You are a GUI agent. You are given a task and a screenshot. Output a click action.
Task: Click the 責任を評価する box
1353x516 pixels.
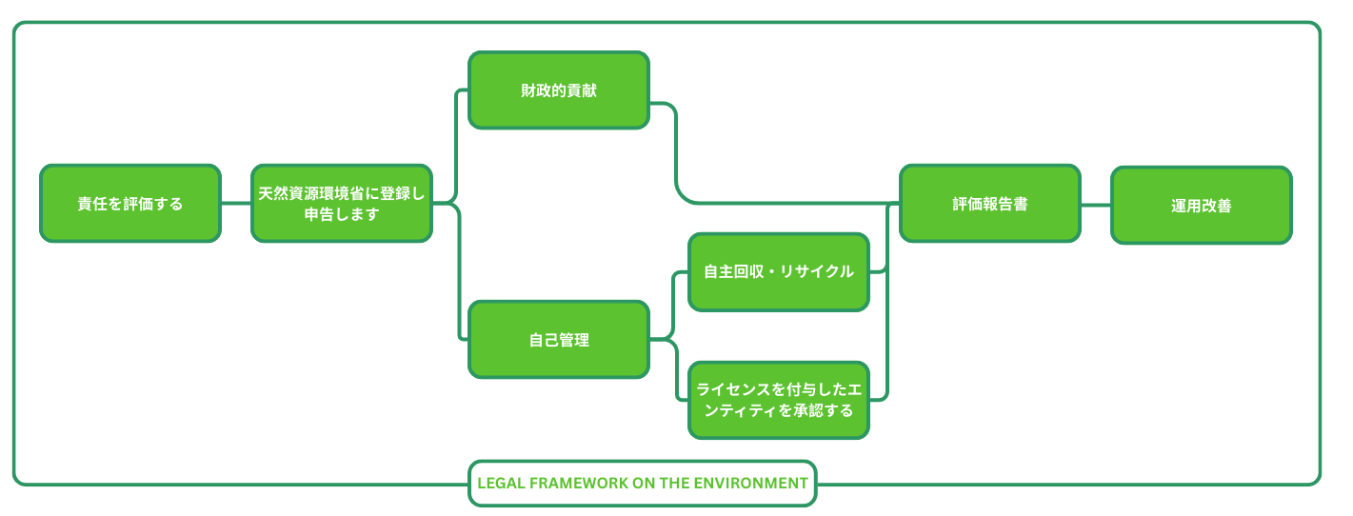click(x=130, y=204)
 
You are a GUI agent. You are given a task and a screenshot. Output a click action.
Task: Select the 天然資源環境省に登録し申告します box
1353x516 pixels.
click(x=342, y=204)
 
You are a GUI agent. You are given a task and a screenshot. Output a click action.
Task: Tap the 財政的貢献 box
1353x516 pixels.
click(x=559, y=90)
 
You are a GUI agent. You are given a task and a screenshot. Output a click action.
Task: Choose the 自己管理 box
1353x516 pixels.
click(x=559, y=340)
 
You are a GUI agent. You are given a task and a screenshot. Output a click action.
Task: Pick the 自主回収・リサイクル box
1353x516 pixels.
click(x=779, y=272)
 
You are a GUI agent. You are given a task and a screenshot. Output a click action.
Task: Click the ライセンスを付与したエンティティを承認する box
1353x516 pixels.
click(x=779, y=400)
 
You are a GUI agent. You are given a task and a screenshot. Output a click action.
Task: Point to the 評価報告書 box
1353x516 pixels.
click(x=990, y=204)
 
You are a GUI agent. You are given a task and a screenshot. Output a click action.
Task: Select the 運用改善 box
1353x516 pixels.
click(x=1202, y=206)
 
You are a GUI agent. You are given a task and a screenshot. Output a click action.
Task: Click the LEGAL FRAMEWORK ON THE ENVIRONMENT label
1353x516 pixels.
click(x=643, y=484)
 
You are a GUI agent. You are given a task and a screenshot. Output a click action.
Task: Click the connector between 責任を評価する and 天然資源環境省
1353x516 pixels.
click(x=236, y=204)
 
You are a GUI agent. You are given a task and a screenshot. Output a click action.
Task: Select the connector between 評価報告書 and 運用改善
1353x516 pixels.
click(x=1096, y=205)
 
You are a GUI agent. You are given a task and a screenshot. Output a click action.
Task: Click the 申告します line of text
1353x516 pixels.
click(x=342, y=214)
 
